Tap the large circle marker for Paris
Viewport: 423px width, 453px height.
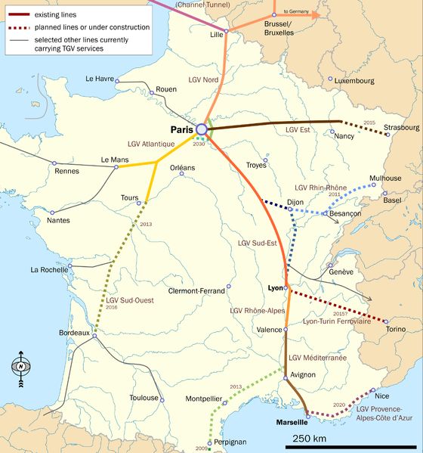202,129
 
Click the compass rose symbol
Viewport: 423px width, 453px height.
20,368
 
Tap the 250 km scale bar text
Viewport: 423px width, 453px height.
310,439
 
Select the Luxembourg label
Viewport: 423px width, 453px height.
354,80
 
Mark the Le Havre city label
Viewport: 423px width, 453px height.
100,79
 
